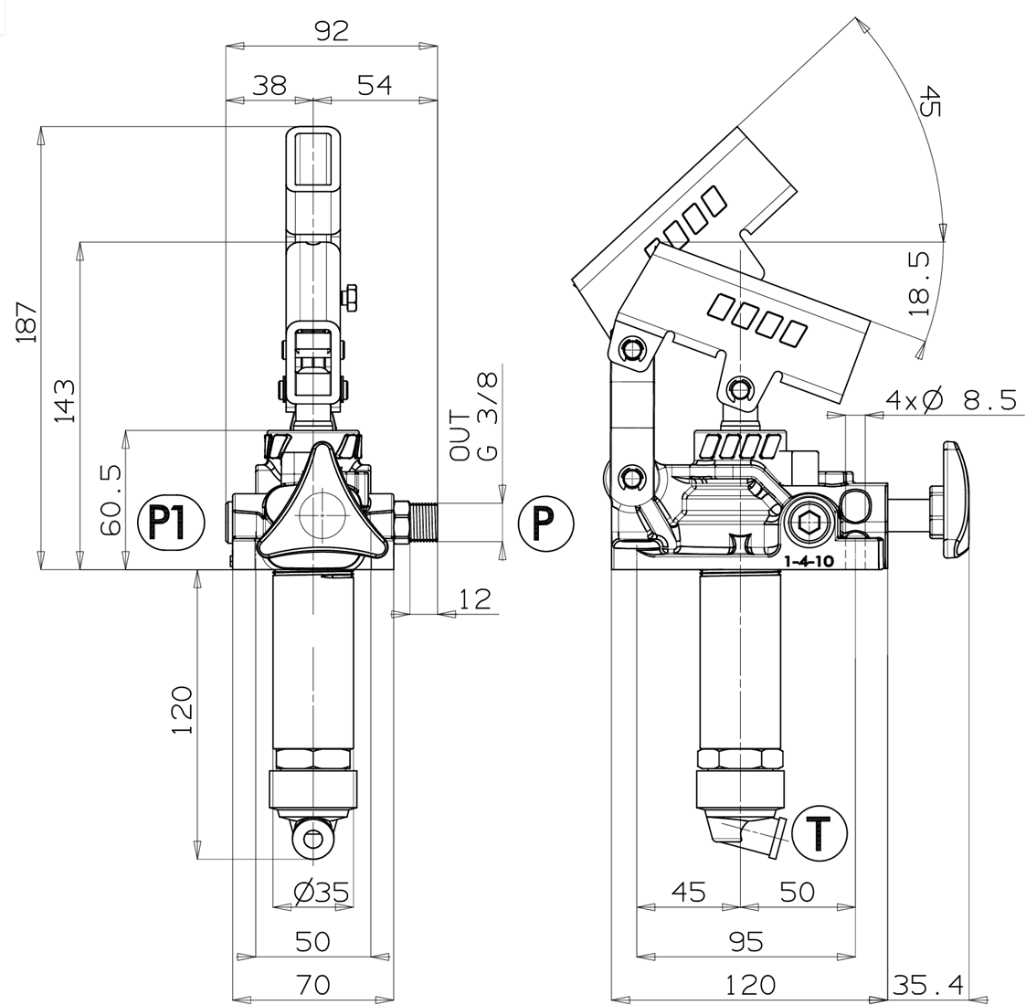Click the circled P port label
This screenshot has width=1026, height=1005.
(545, 523)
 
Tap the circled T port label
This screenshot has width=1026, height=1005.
(820, 833)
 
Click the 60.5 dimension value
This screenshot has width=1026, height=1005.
(111, 501)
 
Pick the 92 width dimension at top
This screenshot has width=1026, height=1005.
(332, 31)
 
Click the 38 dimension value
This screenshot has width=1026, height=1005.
(269, 85)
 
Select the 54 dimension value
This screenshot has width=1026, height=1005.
(375, 85)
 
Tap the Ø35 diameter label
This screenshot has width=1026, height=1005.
(322, 891)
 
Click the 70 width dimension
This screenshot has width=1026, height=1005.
(313, 983)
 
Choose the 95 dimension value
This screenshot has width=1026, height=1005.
(746, 942)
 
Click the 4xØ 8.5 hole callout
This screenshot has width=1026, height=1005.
(952, 399)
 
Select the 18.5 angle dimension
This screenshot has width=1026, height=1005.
(920, 284)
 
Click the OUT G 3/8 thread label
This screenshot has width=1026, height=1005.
(474, 416)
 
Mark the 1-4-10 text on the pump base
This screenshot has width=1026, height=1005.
(809, 561)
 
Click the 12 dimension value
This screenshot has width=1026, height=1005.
(475, 599)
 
